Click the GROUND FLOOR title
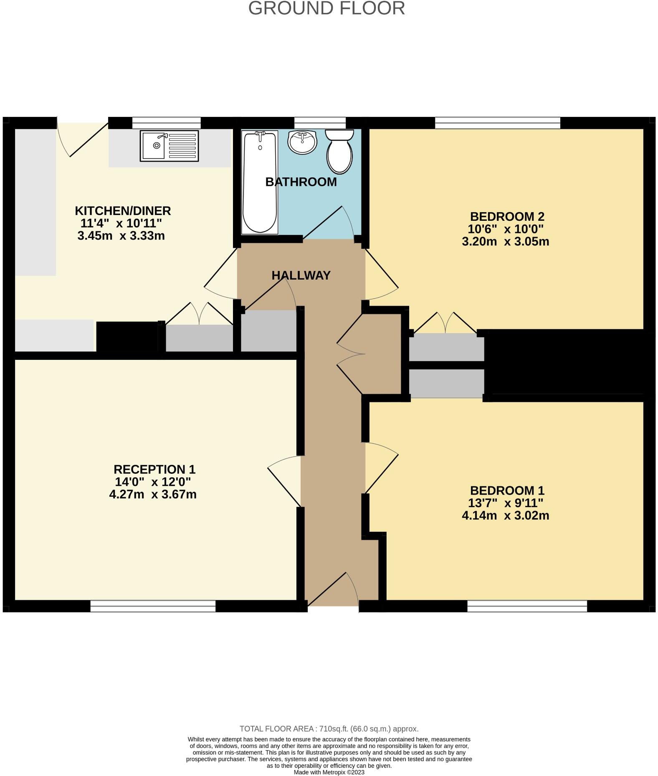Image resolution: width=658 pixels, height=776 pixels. click(326, 8)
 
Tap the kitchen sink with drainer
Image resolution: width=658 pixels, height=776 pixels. click(169, 146)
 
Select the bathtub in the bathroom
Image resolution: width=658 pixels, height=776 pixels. click(260, 182)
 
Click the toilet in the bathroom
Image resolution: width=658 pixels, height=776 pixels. click(339, 151)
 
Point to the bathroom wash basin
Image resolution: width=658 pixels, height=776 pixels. click(302, 142)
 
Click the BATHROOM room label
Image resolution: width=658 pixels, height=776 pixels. click(301, 182)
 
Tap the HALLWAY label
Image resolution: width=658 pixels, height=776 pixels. click(301, 276)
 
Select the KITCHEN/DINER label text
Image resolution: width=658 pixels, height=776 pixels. click(123, 211)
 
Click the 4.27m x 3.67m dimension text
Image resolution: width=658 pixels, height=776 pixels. click(153, 495)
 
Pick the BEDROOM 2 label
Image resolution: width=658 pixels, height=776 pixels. click(507, 217)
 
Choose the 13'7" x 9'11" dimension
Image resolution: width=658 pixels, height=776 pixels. click(506, 503)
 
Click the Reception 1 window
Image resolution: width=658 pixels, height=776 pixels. click(153, 606)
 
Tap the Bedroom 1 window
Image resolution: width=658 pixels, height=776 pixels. click(527, 606)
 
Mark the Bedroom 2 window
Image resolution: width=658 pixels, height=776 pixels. click(498, 123)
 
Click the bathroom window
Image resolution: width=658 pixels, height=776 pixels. click(320, 123)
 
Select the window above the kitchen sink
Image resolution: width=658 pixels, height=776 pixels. click(166, 123)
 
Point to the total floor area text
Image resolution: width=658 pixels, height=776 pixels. click(329, 729)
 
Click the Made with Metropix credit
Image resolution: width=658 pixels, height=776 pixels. click(329, 772)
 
